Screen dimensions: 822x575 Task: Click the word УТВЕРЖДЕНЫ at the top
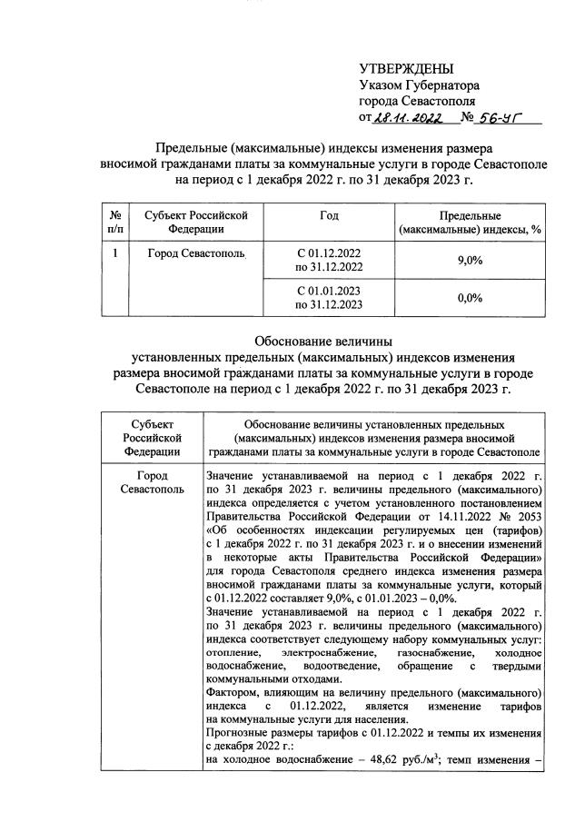(405, 70)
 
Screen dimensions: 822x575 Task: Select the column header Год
(329, 216)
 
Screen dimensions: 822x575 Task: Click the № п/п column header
(115, 223)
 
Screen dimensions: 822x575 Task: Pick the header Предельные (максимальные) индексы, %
(471, 223)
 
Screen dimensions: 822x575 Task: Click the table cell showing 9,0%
(470, 261)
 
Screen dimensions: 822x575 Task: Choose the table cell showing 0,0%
(470, 297)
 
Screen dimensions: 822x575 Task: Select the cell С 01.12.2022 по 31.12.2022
(329, 260)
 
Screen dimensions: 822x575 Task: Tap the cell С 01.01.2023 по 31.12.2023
(329, 297)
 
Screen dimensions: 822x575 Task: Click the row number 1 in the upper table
(115, 253)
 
